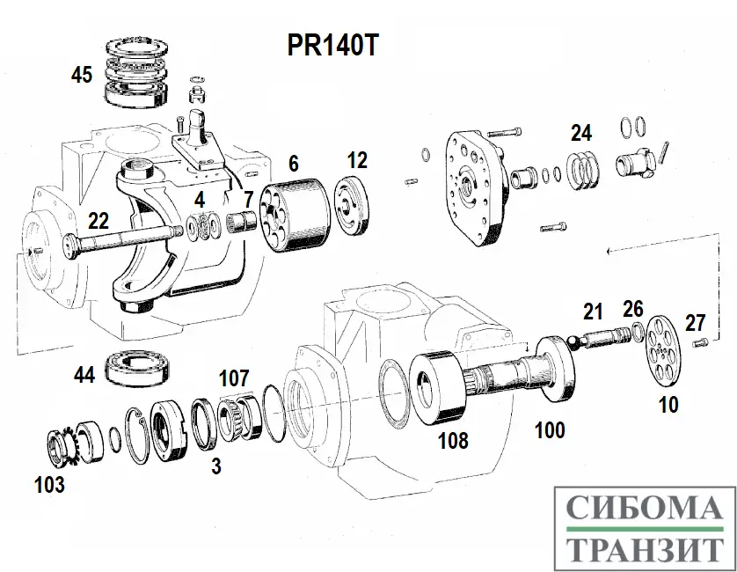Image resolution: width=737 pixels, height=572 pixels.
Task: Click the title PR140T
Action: pos(332,46)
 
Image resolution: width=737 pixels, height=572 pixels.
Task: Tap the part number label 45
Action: pos(82,75)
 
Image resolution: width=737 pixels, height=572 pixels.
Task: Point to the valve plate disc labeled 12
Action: pos(355,207)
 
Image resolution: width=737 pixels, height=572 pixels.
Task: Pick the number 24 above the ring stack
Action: pos(580,133)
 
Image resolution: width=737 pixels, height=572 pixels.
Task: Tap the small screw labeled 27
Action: pos(701,342)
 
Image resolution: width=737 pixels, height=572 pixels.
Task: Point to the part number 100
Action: pos(550,430)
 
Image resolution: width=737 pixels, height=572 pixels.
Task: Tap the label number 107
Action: pos(234,378)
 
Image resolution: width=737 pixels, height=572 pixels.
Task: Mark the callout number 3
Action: pos(215,466)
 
